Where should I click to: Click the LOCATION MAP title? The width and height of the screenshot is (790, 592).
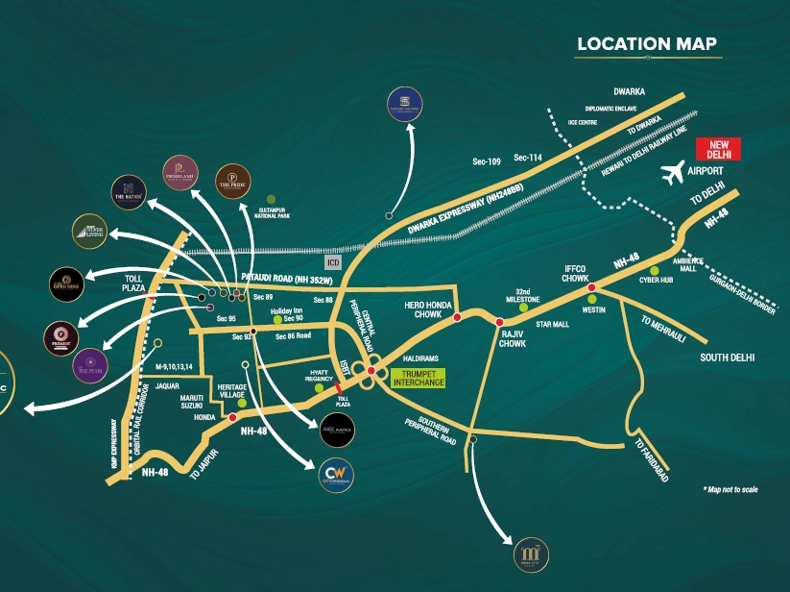click(x=646, y=44)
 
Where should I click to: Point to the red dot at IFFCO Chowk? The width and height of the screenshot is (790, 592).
click(x=592, y=286)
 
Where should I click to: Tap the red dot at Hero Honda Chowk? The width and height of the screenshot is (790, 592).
click(x=457, y=317)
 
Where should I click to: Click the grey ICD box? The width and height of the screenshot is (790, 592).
click(x=333, y=260)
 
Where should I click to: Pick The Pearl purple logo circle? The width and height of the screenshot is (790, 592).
click(x=90, y=364)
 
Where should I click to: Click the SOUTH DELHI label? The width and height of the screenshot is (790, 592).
click(x=728, y=358)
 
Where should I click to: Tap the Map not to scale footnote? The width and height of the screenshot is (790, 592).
click(x=730, y=489)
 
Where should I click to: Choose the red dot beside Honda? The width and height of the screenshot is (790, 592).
click(x=232, y=417)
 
